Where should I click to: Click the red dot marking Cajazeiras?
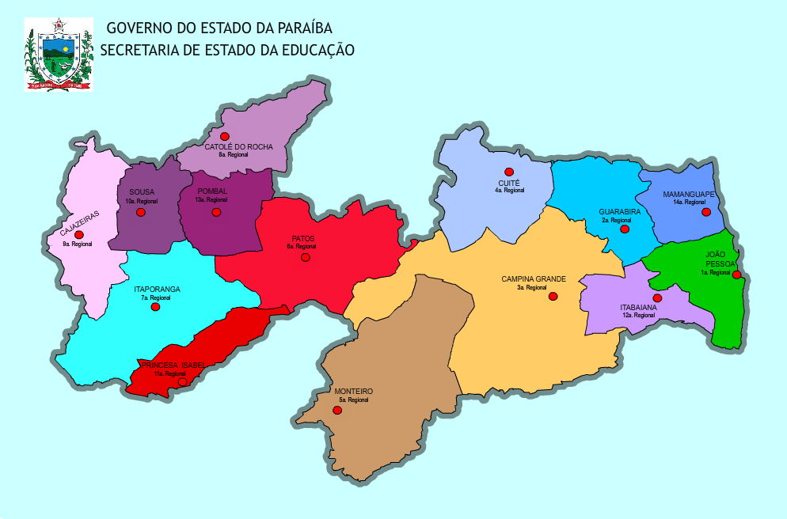point(78,234)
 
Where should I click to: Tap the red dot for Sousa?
point(141,212)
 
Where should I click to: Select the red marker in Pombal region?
point(216,212)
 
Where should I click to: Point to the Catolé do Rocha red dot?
point(225,137)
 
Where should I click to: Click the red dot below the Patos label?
point(306,257)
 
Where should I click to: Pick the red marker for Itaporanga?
point(155,307)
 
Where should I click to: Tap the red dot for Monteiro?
point(337,410)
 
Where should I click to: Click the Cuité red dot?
point(509,172)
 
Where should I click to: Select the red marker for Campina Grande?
point(553,296)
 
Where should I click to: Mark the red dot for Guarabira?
point(625,229)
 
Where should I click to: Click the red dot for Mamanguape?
point(706,211)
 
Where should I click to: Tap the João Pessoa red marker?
point(736,275)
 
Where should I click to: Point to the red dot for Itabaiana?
point(657,297)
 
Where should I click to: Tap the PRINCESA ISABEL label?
point(173,365)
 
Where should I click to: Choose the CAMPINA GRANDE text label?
point(534,279)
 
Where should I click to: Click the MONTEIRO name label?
point(353,392)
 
